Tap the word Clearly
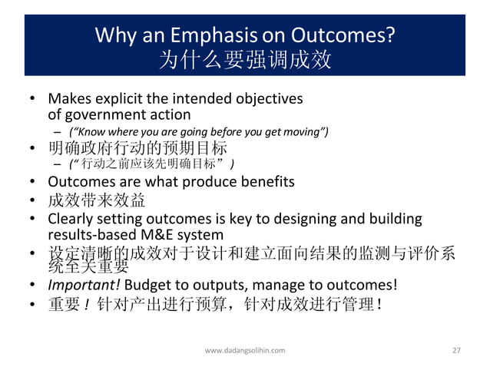71,219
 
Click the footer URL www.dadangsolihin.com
245,350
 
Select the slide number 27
456,350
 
